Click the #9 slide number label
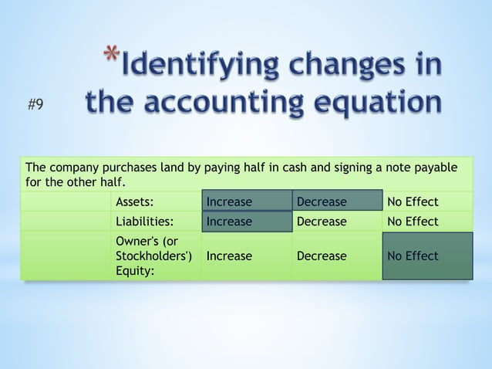click(35, 106)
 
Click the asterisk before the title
click(112, 58)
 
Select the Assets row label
click(133, 202)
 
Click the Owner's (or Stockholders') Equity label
click(149, 256)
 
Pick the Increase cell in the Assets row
click(229, 202)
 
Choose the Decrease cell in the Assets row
click(322, 202)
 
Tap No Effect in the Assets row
click(413, 202)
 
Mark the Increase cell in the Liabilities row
click(229, 222)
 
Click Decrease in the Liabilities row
click(322, 222)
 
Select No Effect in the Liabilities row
click(413, 222)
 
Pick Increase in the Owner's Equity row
click(229, 256)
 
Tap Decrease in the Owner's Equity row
click(322, 256)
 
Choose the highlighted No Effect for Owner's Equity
click(413, 256)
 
